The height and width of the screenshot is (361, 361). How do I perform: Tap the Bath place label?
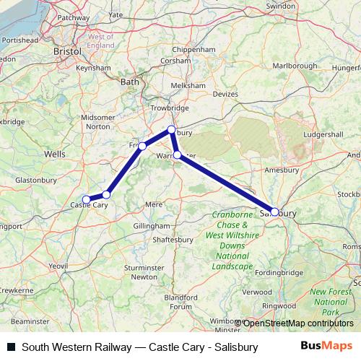(129, 82)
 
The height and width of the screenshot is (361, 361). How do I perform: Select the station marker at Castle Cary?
(86, 199)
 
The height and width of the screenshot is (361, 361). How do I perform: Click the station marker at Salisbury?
(274, 212)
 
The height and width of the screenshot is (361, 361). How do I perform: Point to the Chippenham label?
(190, 51)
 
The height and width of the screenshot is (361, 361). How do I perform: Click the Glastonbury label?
(35, 179)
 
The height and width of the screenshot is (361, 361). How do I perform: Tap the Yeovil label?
(58, 266)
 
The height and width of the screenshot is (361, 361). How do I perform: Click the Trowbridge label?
(170, 108)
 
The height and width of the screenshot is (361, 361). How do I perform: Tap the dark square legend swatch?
(11, 347)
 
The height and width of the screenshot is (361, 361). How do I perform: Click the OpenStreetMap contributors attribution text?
(298, 323)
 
